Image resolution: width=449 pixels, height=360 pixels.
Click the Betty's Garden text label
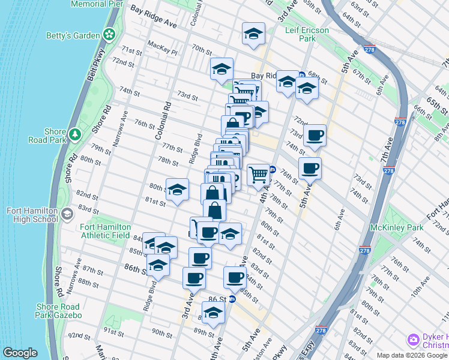[x=73, y=35]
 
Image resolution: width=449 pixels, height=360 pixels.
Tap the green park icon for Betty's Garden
[x=109, y=35]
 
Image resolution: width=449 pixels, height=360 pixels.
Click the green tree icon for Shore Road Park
[x=75, y=133]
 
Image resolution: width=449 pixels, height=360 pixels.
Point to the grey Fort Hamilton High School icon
[x=67, y=214]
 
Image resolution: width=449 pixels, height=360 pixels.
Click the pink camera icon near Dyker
[x=412, y=340]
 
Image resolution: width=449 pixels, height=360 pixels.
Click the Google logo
[x=20, y=353]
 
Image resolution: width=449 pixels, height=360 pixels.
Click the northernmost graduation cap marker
[x=253, y=34]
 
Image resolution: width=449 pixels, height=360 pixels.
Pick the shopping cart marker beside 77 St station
[x=258, y=175]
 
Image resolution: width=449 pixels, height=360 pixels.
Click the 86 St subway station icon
[x=232, y=299]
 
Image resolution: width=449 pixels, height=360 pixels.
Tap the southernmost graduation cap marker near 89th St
[x=212, y=313]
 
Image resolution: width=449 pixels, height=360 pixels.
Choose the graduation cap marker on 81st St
[x=176, y=190]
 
